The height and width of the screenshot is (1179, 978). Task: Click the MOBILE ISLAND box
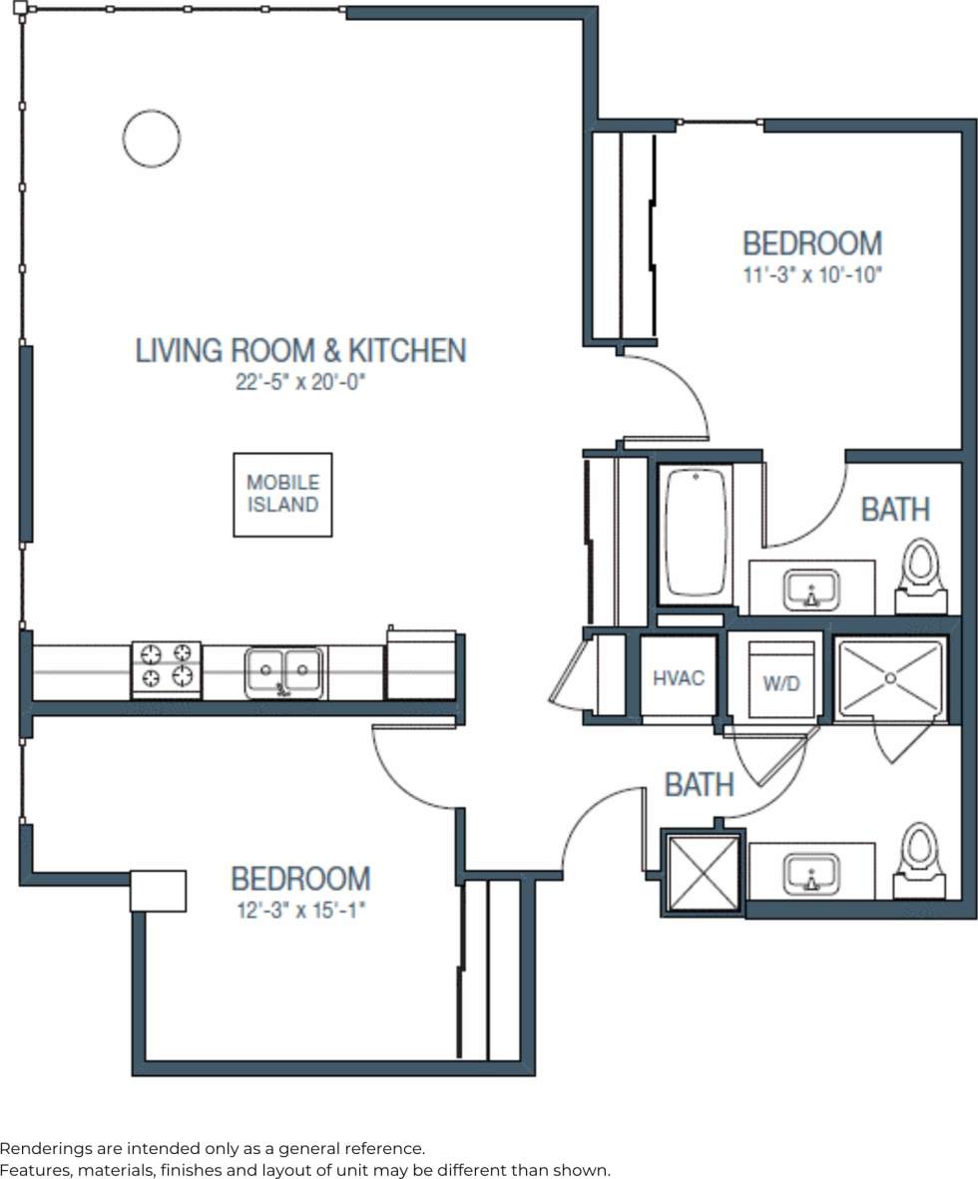point(282,495)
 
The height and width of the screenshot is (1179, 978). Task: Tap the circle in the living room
point(152,138)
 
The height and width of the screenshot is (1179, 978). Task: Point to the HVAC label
point(679,679)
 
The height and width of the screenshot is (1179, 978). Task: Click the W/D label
point(781,683)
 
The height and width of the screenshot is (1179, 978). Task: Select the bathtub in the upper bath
point(697,534)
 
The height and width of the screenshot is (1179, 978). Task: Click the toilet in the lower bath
point(919,858)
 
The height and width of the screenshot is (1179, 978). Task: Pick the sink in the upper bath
point(811,589)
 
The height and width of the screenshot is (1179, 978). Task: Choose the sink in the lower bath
point(811,874)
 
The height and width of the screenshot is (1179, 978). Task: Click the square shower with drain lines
point(890,678)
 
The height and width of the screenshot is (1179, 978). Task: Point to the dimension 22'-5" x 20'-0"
point(301,382)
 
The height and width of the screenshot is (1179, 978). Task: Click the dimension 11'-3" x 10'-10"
point(813,275)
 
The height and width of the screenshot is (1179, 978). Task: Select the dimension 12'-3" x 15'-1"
point(300,910)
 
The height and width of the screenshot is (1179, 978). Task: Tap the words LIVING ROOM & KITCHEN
point(300,351)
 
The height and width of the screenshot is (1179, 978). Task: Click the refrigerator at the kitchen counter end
point(421,665)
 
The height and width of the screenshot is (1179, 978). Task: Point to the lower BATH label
point(700,785)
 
